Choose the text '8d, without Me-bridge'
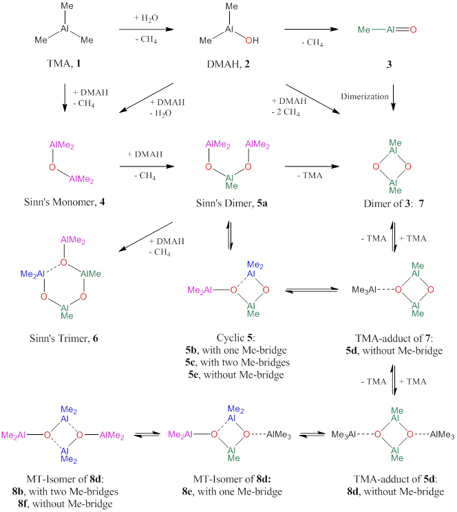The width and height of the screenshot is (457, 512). [394, 493]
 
